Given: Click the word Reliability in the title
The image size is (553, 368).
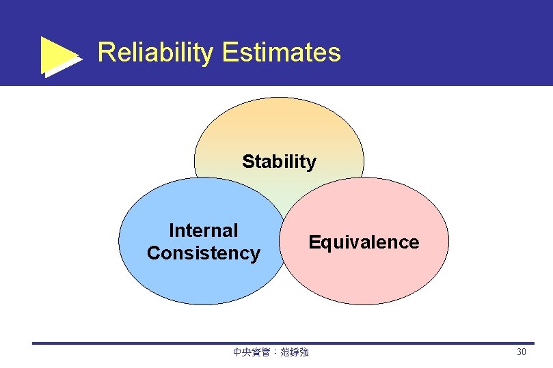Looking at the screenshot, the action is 155,53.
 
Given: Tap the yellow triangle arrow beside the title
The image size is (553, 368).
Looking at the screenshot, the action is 60,55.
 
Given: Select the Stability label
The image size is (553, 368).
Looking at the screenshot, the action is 279,162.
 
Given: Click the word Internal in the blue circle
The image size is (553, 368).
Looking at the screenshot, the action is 203,231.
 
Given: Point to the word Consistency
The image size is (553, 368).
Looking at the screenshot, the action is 203,253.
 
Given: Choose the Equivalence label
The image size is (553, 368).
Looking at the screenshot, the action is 364,242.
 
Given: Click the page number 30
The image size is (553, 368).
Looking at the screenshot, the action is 522,352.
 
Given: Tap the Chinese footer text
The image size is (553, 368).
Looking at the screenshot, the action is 271,352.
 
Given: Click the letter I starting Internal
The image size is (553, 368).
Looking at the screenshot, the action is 171,231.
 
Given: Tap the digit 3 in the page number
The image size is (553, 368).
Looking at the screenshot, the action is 519,352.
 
